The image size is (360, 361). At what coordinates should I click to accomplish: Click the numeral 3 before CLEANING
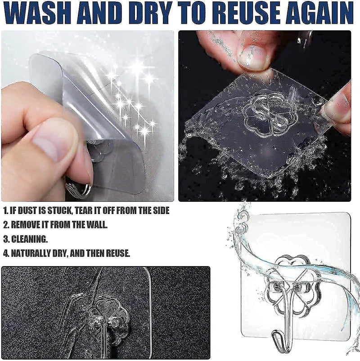[x=5, y=239]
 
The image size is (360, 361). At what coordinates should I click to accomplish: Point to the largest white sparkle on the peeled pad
[x=137, y=68]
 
